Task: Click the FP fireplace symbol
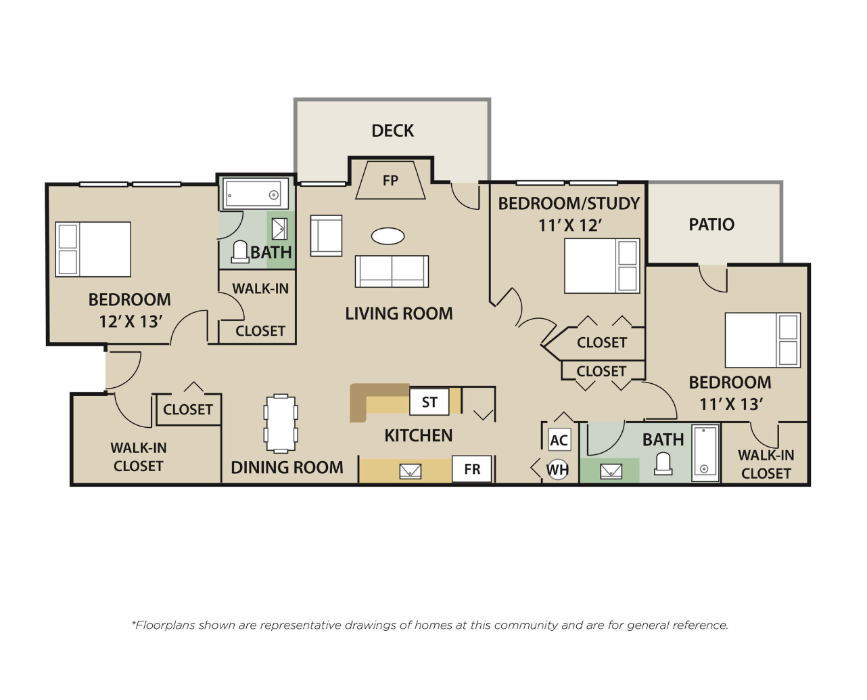390,180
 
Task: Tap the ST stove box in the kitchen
429,402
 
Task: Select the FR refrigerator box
472,469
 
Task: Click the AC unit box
559,440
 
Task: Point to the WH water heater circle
558,470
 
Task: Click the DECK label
392,131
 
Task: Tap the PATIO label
711,225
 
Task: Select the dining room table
281,424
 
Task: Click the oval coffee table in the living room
388,236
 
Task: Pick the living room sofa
392,271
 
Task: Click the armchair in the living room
327,236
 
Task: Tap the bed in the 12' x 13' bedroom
93,249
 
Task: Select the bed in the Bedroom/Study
602,266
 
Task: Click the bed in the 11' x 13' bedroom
763,340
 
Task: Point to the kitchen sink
410,471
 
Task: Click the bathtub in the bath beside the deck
256,194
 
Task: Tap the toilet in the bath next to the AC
663,464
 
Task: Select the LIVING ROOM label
399,314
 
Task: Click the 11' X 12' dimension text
570,225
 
